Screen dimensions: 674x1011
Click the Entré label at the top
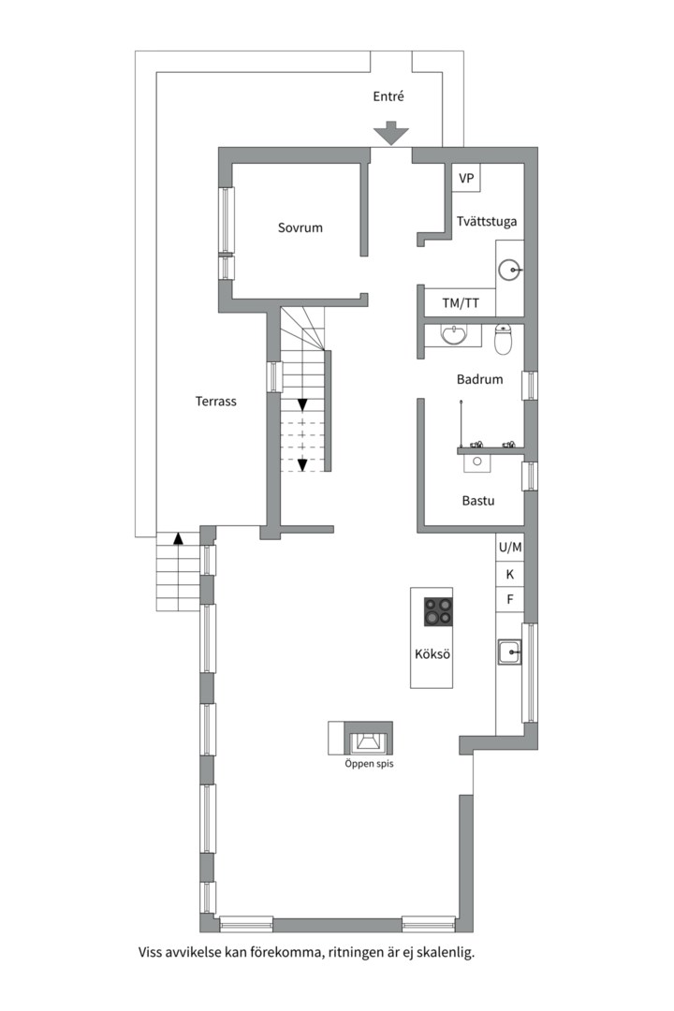[388, 96]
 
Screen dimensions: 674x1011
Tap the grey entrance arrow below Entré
[391, 133]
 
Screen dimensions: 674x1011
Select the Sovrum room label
[300, 227]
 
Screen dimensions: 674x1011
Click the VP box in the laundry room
[466, 178]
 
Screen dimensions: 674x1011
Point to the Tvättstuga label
[487, 222]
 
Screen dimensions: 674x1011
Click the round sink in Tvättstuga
[509, 271]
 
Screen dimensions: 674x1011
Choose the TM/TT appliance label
[461, 302]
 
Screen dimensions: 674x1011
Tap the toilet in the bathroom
[504, 339]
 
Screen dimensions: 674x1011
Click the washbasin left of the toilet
[455, 334]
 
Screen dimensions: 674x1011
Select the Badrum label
[479, 379]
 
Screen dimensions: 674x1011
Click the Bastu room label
[478, 500]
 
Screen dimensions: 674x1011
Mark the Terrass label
[215, 401]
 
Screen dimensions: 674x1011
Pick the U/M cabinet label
[509, 548]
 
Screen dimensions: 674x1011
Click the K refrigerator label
[509, 574]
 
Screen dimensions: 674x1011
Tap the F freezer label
[509, 600]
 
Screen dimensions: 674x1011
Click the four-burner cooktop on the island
[438, 612]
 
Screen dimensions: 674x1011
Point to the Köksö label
[432, 653]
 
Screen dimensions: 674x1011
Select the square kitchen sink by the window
[509, 652]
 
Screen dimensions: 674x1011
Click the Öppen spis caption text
[369, 764]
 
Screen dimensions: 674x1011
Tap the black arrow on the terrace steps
[178, 538]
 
